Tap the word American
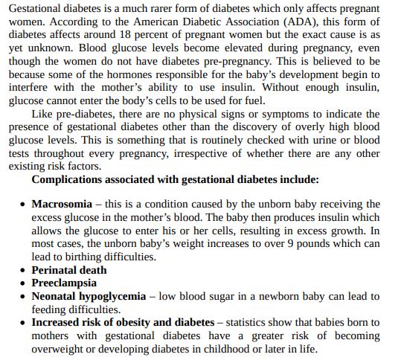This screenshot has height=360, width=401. pyautogui.click(x=139, y=22)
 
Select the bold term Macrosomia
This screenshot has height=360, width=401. pyautogui.click(x=62, y=204)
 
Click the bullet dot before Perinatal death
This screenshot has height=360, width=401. pyautogui.click(x=23, y=271)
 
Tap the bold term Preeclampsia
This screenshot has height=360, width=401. pyautogui.click(x=64, y=283)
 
